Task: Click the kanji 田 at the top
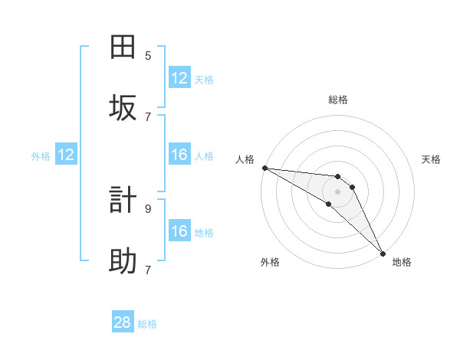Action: tap(123, 47)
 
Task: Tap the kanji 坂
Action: tap(123, 108)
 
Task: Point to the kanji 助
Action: tap(123, 261)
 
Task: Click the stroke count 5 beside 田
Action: tap(148, 55)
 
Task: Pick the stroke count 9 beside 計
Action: tap(148, 208)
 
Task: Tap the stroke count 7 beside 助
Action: tap(148, 269)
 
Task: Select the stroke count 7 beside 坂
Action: tap(148, 116)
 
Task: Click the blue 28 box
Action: tap(123, 322)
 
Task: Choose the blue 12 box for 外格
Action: tap(66, 155)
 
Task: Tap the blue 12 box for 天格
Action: tap(179, 78)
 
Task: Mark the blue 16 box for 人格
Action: tap(179, 155)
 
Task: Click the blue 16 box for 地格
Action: tap(179, 231)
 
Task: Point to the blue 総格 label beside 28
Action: tap(147, 323)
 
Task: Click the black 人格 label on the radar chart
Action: tap(245, 159)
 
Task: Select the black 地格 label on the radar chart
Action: tap(402, 262)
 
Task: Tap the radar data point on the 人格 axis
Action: tap(264, 168)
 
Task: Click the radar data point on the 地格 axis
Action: tap(383, 253)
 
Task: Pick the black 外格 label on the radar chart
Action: tap(270, 262)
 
